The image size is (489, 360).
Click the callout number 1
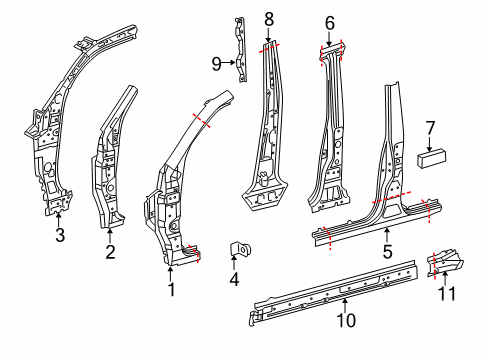point(171,291)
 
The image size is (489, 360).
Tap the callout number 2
point(109,252)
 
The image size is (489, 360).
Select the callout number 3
point(59,236)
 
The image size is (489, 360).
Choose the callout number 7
point(430,127)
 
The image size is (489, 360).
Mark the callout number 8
point(268,18)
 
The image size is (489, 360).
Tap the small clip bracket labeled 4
point(241,249)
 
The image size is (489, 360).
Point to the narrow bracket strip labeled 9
point(239,50)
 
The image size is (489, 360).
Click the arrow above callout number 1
point(171,273)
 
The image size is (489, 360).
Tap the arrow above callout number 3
point(59,219)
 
